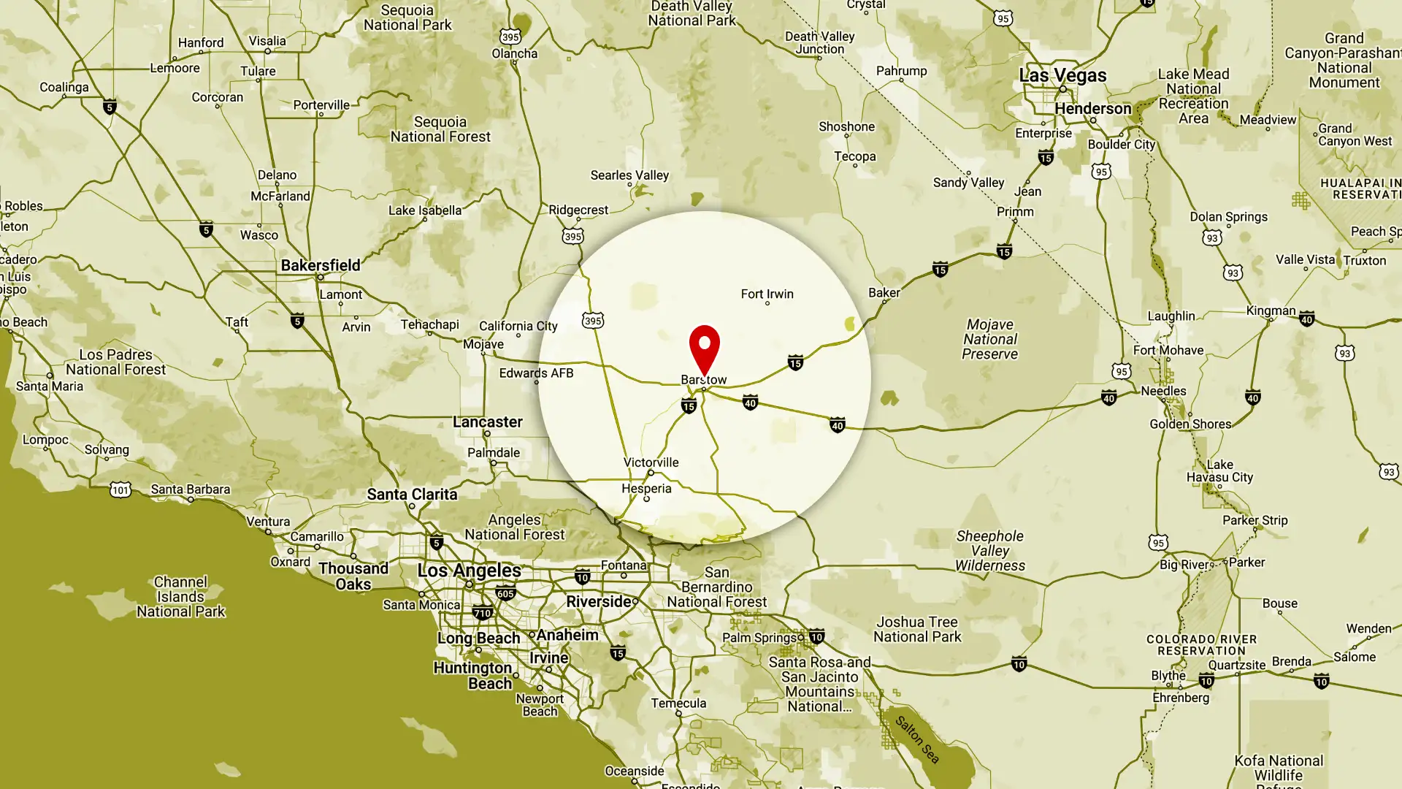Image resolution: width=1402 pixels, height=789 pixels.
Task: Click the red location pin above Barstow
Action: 704,347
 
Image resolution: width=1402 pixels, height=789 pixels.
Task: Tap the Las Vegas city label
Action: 1062,75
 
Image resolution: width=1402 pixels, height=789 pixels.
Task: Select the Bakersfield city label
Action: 321,265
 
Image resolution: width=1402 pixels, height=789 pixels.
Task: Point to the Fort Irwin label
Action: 767,294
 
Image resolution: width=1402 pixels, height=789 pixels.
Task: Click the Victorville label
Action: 651,462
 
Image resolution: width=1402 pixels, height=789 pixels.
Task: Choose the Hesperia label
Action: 646,489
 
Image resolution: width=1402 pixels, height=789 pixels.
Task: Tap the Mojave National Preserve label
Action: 989,339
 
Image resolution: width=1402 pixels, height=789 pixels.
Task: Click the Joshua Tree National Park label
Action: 917,629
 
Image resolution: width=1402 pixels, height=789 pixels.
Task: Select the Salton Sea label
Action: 917,739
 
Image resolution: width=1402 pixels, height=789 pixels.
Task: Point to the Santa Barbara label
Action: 190,489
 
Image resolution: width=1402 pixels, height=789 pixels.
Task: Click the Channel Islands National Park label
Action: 180,597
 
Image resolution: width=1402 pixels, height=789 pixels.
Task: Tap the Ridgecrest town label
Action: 578,210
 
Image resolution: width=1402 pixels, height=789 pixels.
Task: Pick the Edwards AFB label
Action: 536,373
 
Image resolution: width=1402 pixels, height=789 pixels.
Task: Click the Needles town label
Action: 1163,391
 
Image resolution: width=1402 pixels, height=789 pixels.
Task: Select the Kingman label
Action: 1271,310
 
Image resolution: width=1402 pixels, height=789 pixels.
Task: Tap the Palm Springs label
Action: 759,638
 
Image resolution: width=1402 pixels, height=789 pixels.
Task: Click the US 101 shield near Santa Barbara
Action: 120,489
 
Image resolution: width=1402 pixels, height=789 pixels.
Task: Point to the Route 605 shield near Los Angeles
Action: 505,594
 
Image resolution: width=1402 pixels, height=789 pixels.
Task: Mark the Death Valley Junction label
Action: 819,43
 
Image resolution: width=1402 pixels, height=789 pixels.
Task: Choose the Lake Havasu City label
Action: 1219,471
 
